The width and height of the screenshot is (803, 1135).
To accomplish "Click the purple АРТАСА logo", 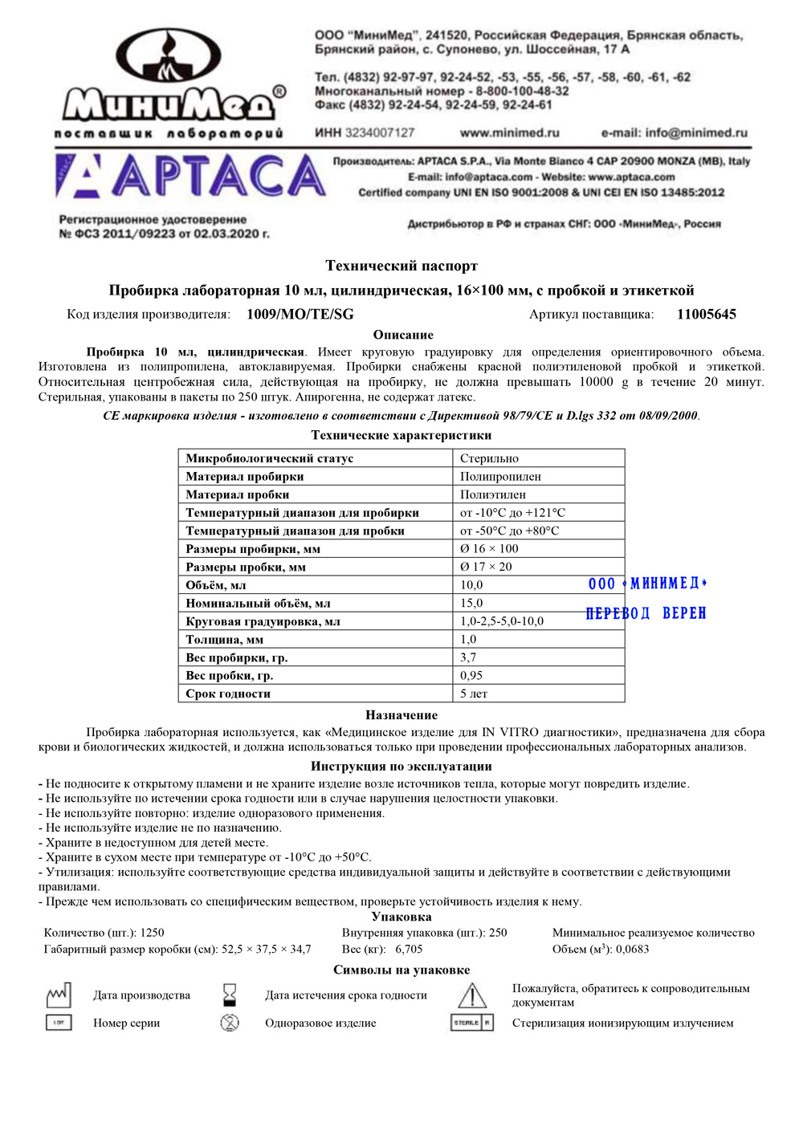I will click(x=191, y=177).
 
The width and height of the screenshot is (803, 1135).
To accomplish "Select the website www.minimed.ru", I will click(x=509, y=133).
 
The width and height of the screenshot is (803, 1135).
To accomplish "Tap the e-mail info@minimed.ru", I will click(x=674, y=133).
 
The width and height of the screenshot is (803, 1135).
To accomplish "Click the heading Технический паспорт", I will click(x=401, y=266).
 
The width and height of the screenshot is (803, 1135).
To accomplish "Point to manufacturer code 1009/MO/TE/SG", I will click(x=300, y=315).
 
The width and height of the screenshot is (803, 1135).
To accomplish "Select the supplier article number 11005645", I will click(x=706, y=315).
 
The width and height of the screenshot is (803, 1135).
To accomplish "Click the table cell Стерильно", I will click(x=489, y=458).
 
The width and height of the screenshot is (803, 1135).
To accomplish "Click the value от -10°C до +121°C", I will click(x=512, y=513).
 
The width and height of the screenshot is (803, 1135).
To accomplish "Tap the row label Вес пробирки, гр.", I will click(x=237, y=657).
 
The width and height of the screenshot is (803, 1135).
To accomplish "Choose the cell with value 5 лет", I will click(x=474, y=694).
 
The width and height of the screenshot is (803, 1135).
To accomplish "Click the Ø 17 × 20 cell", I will click(x=486, y=567).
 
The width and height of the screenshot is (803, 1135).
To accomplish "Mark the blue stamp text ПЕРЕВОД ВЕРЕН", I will click(x=646, y=613).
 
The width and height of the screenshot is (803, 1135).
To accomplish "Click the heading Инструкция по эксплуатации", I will click(x=401, y=767).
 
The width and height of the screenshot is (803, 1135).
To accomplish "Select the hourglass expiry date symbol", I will click(x=230, y=995).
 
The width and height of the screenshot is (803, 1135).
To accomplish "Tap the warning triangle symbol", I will click(x=472, y=995).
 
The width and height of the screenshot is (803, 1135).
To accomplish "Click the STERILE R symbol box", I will click(x=472, y=1023).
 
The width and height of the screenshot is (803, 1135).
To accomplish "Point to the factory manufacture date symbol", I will click(x=59, y=995).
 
